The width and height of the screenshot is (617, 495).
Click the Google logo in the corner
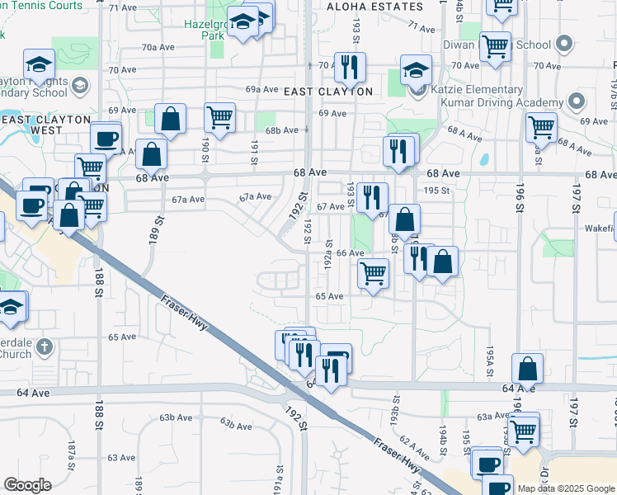point(27,485)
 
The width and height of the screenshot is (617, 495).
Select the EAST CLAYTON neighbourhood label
point(328,92)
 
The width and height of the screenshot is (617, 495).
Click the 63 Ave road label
point(121,457)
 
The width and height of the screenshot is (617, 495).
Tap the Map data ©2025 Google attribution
point(567,488)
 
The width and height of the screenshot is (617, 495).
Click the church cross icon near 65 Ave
point(44,348)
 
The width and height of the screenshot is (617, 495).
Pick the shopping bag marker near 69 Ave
point(169,119)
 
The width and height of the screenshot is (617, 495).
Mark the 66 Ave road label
point(350,253)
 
